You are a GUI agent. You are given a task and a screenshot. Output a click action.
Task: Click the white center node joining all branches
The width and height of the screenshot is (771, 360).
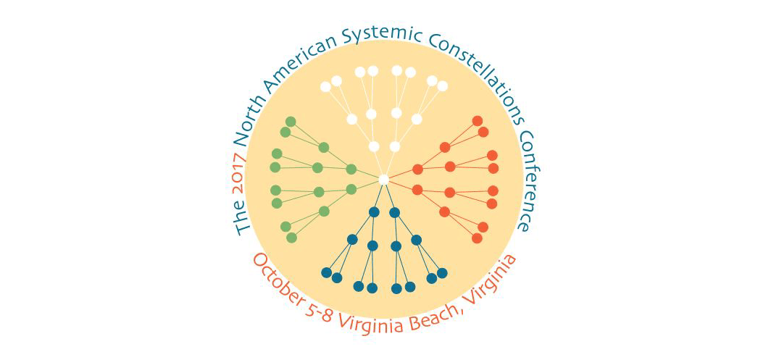[384, 179]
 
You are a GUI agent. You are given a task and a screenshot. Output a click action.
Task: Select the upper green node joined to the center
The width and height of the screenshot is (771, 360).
[351, 169]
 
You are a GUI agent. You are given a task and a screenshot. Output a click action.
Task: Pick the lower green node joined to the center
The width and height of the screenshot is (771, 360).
[351, 189]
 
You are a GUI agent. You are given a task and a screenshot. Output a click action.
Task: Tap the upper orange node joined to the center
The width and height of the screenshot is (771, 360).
[417, 169]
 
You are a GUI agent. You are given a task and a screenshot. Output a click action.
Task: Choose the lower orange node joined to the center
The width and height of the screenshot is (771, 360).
[417, 190]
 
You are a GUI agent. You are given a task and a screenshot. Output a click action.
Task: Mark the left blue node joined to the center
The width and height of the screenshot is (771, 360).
[374, 212]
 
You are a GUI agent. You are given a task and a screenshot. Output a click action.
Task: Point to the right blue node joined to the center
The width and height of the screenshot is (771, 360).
[395, 212]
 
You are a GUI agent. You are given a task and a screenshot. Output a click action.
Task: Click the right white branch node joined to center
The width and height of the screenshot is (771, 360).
[395, 146]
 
